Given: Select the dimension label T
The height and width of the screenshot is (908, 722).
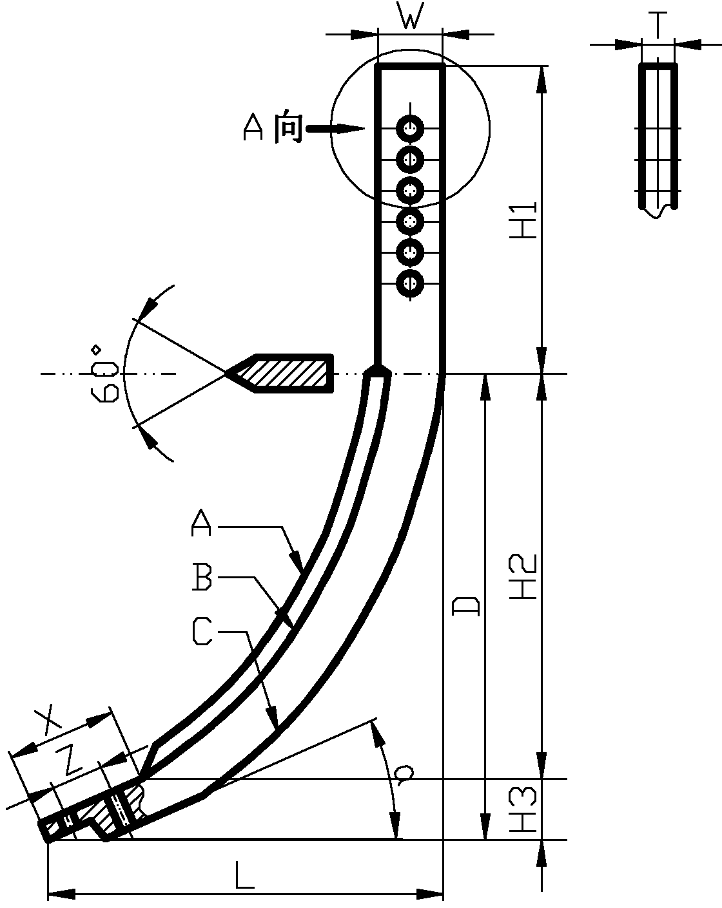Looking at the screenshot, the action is [x=658, y=25].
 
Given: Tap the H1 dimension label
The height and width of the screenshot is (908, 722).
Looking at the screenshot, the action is [x=523, y=220].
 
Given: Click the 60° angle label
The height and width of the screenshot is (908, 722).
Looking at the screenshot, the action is [x=104, y=374].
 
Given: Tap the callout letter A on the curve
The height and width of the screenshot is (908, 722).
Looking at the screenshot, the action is [x=201, y=522].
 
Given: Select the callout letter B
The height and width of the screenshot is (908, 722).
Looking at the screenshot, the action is [x=202, y=577].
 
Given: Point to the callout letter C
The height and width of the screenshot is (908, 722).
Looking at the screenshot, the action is [x=202, y=631].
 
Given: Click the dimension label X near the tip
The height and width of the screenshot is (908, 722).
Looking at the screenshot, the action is [x=47, y=721].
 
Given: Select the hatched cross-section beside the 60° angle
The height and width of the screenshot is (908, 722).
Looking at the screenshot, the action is [x=282, y=374].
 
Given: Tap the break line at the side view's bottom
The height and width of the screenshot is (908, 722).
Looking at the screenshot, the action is [x=658, y=212].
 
